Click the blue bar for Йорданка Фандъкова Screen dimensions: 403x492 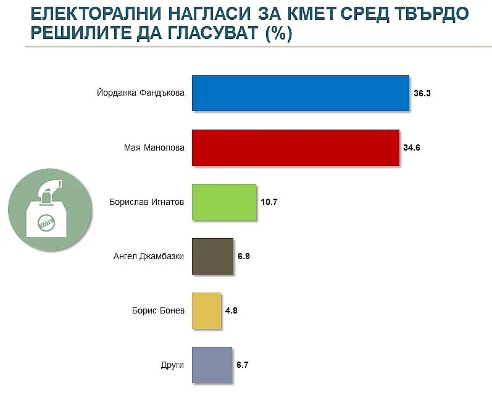coord(301,93)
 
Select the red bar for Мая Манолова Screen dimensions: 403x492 coord(296,148)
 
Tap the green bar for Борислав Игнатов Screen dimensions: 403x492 coord(224,202)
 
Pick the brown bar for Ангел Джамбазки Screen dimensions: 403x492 coord(212,256)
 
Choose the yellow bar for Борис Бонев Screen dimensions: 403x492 coord(207,310)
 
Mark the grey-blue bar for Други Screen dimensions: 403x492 coord(212,365)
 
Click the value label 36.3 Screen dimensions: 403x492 coord(422,94)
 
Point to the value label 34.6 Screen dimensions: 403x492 coord(412,148)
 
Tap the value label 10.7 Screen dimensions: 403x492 coord(269,202)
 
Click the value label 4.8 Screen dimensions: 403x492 coord(231,311)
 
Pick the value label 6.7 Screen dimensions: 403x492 coord(243,365)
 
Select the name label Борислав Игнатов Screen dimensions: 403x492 coord(147,202)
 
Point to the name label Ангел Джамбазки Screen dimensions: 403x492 coord(149,256)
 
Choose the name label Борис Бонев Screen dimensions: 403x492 coord(159,310)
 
